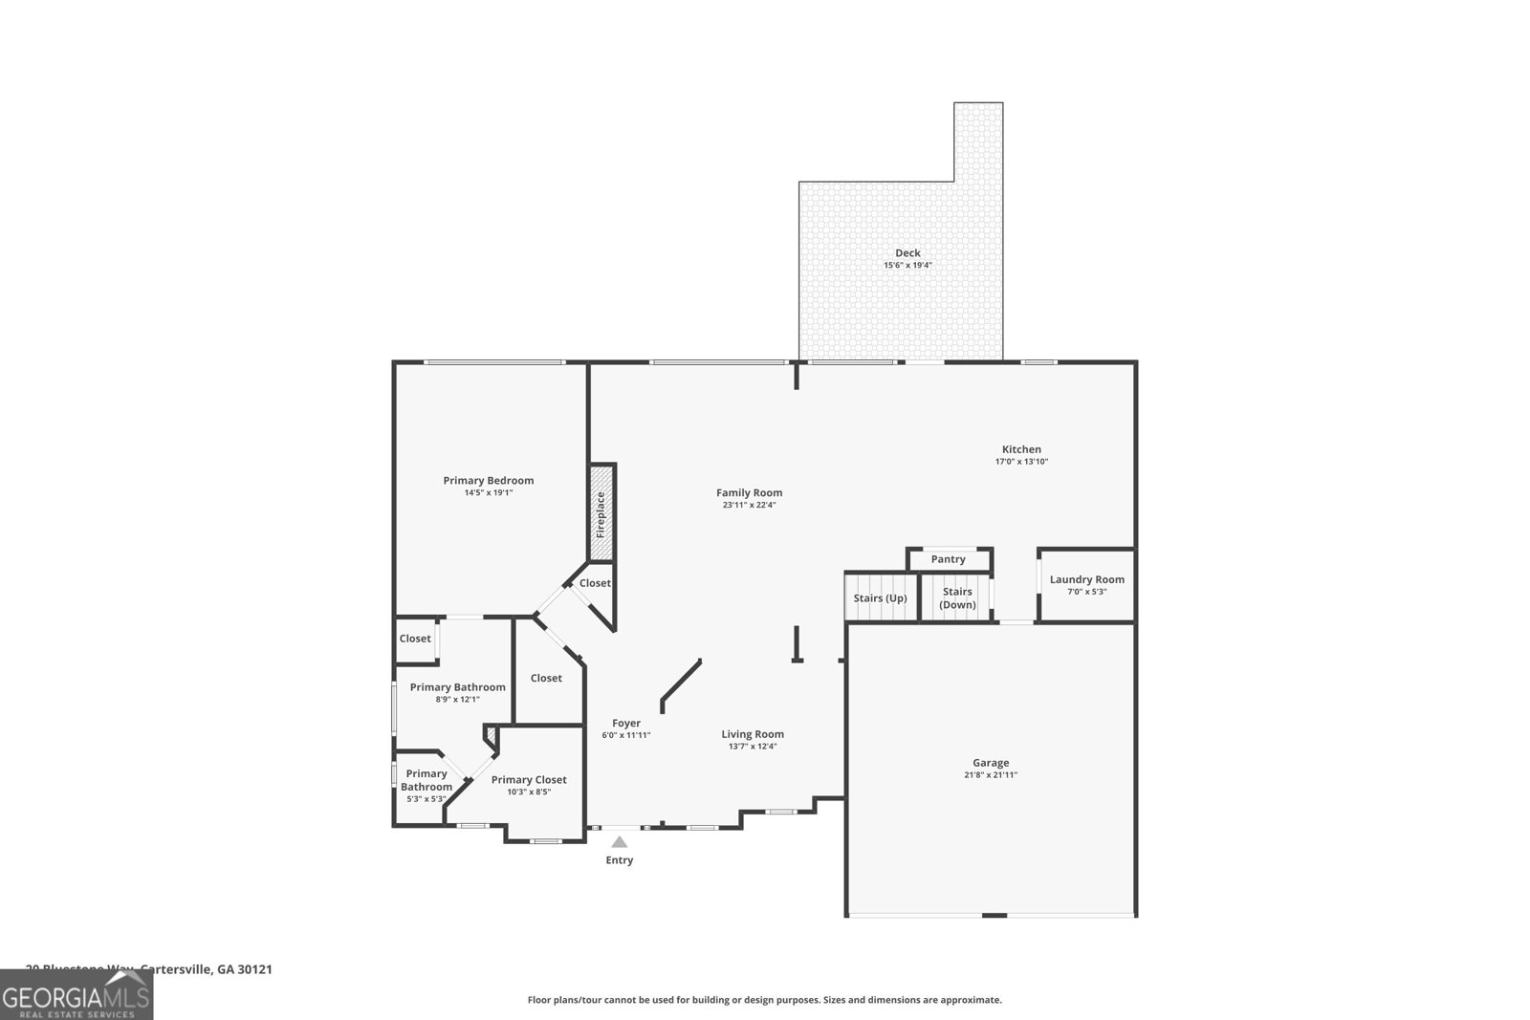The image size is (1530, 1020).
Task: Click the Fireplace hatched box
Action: click(x=601, y=513)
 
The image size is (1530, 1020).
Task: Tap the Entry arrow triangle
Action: click(x=620, y=842)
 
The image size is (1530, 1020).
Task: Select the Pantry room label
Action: click(x=948, y=559)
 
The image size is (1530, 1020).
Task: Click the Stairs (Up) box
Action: click(x=881, y=598)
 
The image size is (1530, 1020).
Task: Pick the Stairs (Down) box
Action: click(x=957, y=598)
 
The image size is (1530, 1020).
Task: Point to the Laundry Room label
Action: click(x=1086, y=579)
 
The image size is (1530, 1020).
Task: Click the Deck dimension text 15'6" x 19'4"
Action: click(x=907, y=266)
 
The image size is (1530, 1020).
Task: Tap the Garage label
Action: click(x=991, y=763)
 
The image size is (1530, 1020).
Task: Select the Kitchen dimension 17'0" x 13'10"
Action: click(x=1021, y=462)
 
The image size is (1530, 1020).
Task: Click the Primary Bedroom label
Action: click(x=488, y=481)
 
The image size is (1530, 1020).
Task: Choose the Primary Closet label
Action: click(x=529, y=780)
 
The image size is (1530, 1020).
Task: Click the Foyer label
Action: click(x=626, y=724)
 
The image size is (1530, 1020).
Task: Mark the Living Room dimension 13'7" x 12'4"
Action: click(x=753, y=747)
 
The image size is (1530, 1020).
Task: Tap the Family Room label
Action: click(x=749, y=493)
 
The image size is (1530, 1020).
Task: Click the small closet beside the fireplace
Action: click(x=595, y=583)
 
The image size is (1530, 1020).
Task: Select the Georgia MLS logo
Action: click(x=76, y=995)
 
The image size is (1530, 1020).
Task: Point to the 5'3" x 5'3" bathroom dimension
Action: click(x=426, y=799)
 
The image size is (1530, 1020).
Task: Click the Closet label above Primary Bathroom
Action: click(x=415, y=639)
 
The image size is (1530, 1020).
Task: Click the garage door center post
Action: click(x=994, y=916)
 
